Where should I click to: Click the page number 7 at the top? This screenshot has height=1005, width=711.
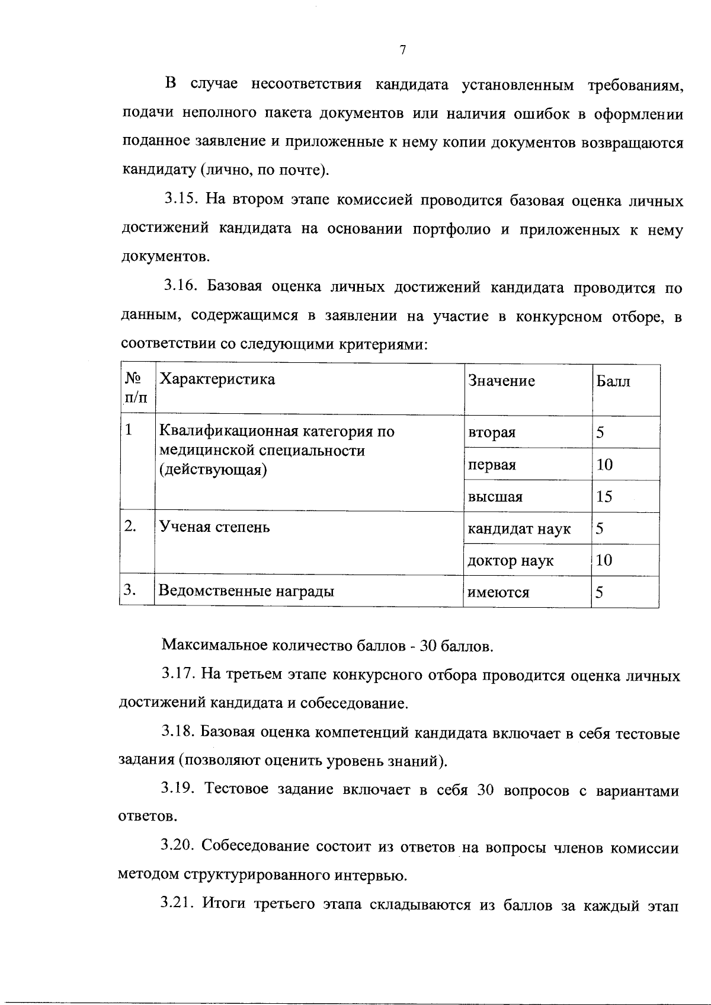tap(402, 51)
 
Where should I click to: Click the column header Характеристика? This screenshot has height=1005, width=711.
tap(217, 379)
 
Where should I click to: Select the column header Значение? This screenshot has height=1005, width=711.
tap(501, 381)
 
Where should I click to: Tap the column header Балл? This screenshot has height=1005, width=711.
tap(613, 381)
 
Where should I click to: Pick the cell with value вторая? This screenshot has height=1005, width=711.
tap(491, 432)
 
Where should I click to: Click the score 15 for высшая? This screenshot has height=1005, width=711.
tap(604, 496)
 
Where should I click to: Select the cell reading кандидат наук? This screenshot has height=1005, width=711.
tap(519, 528)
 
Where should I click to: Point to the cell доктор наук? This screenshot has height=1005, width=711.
tap(510, 560)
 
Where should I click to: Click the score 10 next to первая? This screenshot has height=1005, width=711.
tap(604, 464)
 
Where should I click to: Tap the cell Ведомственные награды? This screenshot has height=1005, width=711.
tap(247, 591)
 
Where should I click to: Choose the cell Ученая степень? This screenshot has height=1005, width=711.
tap(214, 527)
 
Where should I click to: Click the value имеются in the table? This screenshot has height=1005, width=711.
tap(498, 592)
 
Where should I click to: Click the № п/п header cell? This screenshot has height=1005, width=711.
tap(136, 388)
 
